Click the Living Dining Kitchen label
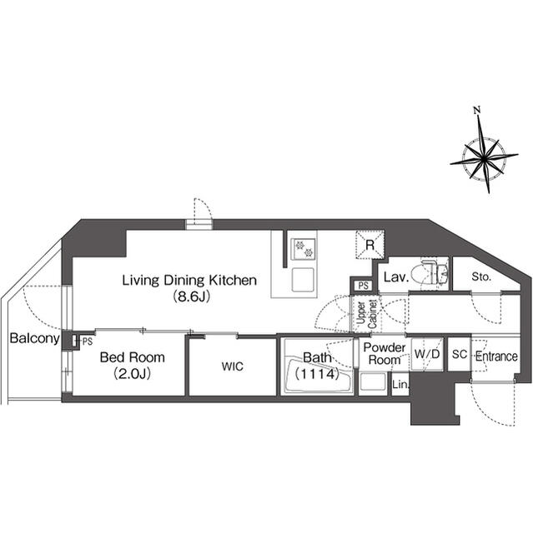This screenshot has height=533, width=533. point(189,281)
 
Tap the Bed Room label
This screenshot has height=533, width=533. point(133,357)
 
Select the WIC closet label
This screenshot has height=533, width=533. point(233,366)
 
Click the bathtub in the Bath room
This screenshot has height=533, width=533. point(317,376)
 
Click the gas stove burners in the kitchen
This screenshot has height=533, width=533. point(303,249)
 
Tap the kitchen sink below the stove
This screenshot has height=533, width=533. point(303,280)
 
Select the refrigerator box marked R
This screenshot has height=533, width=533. point(370,245)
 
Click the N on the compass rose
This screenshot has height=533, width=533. point(477,110)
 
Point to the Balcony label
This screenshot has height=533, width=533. point(35,339)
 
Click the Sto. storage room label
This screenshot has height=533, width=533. point(481,277)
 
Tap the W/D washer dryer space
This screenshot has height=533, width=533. point(427,354)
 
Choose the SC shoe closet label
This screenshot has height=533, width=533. point(460,354)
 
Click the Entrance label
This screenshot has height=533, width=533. point(496,356)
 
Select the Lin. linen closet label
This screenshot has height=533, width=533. point(400,385)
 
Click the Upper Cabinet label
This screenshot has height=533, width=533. point(366,315)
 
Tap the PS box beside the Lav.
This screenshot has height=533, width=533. point(364,286)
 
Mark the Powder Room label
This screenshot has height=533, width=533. point(385,353)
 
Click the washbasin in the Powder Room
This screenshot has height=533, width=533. point(373,382)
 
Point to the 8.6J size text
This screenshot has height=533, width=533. point(190,296)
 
